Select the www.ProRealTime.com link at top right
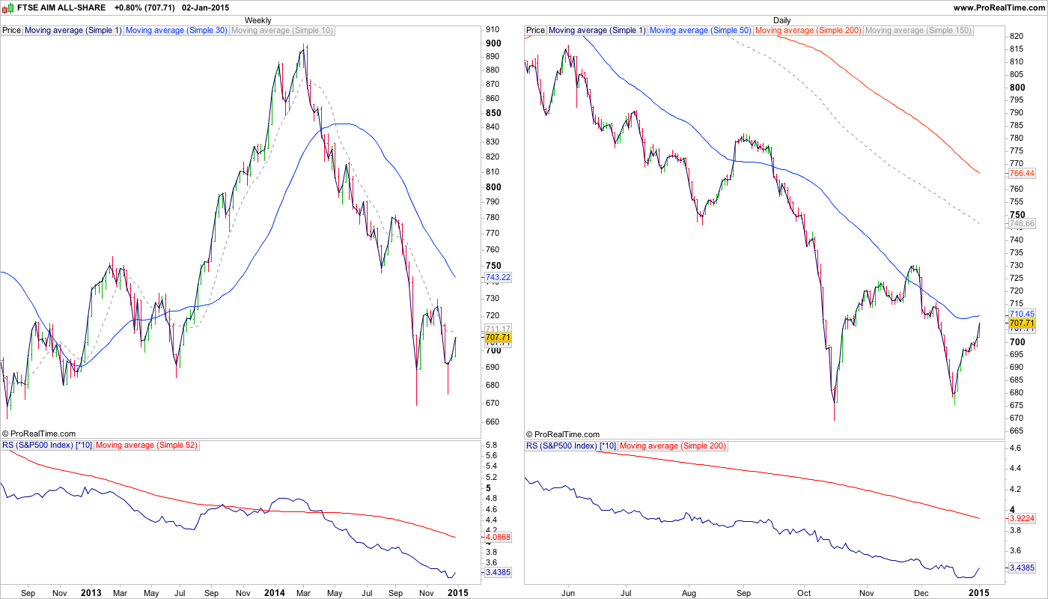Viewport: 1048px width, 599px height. point(999,7)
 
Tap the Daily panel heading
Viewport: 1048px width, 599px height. point(782,20)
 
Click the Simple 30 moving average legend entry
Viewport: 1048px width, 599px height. point(176,31)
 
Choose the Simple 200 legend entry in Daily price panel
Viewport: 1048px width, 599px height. point(808,31)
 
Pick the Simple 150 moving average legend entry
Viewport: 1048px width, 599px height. point(918,31)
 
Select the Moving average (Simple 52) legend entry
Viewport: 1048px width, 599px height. point(146,446)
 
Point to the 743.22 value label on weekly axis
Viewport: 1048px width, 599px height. point(498,277)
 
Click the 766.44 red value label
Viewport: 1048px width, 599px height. point(1022,173)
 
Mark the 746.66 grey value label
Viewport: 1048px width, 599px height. point(1022,223)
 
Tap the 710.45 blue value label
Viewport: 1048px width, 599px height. point(1022,314)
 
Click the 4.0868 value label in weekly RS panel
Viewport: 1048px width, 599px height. point(498,537)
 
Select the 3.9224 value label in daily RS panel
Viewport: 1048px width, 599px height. point(1022,517)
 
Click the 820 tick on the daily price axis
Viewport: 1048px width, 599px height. point(1017,36)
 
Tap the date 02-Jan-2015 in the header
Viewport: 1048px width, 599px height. point(205,7)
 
